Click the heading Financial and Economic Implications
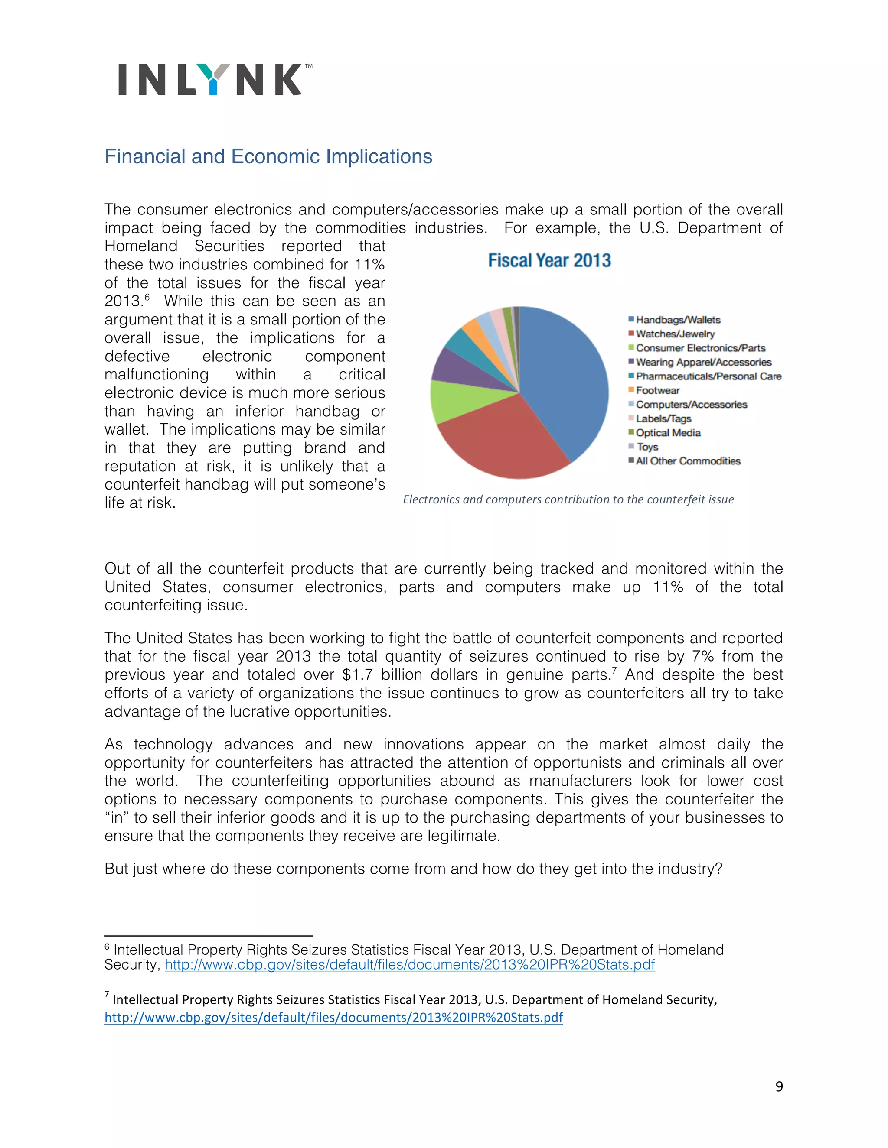268,157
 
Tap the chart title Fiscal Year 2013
549,261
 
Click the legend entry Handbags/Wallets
678,320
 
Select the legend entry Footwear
658,390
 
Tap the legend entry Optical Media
668,433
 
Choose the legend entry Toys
648,447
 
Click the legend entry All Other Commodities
688,461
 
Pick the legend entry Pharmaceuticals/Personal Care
708,376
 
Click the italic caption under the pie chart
568,499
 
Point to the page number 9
779,1086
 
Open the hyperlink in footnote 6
410,965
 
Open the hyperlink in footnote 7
333,1017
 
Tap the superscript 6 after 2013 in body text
147,298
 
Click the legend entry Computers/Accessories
691,404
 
